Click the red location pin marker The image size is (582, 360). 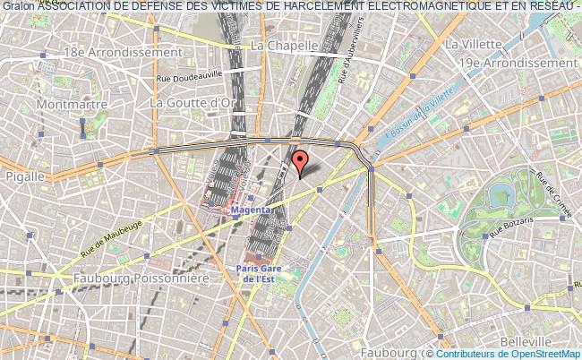(x=301, y=162)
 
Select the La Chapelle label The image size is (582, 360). (x=285, y=45)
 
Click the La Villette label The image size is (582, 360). (x=476, y=43)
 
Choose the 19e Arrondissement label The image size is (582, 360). (x=514, y=64)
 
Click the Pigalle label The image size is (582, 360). (x=23, y=176)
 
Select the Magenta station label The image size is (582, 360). (x=251, y=211)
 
